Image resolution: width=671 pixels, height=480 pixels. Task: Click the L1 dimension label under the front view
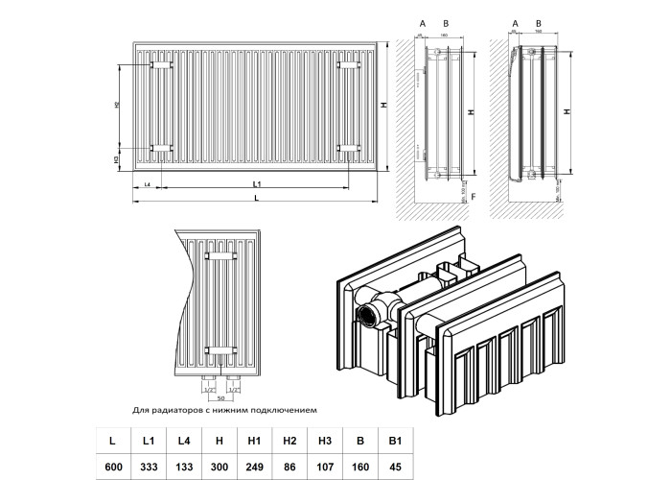pos(257,182)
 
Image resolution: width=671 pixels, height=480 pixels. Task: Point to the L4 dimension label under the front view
pos(147,182)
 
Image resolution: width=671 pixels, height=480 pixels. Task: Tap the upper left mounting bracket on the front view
pos(160,64)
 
